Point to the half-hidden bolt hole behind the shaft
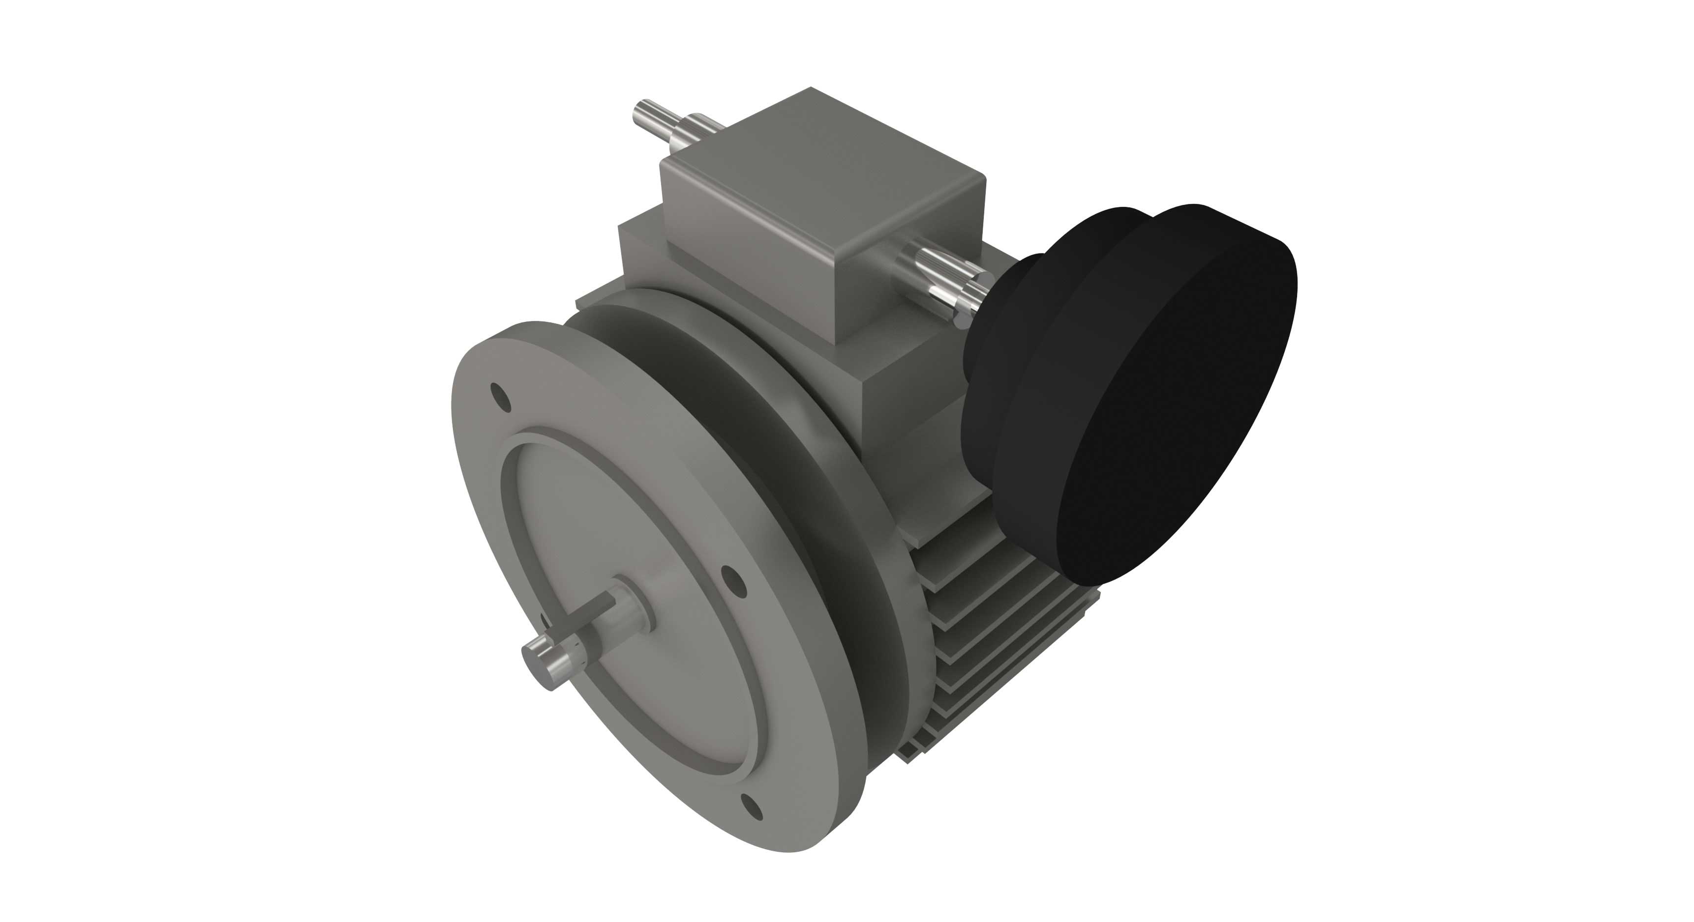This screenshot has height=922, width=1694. [x=544, y=621]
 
